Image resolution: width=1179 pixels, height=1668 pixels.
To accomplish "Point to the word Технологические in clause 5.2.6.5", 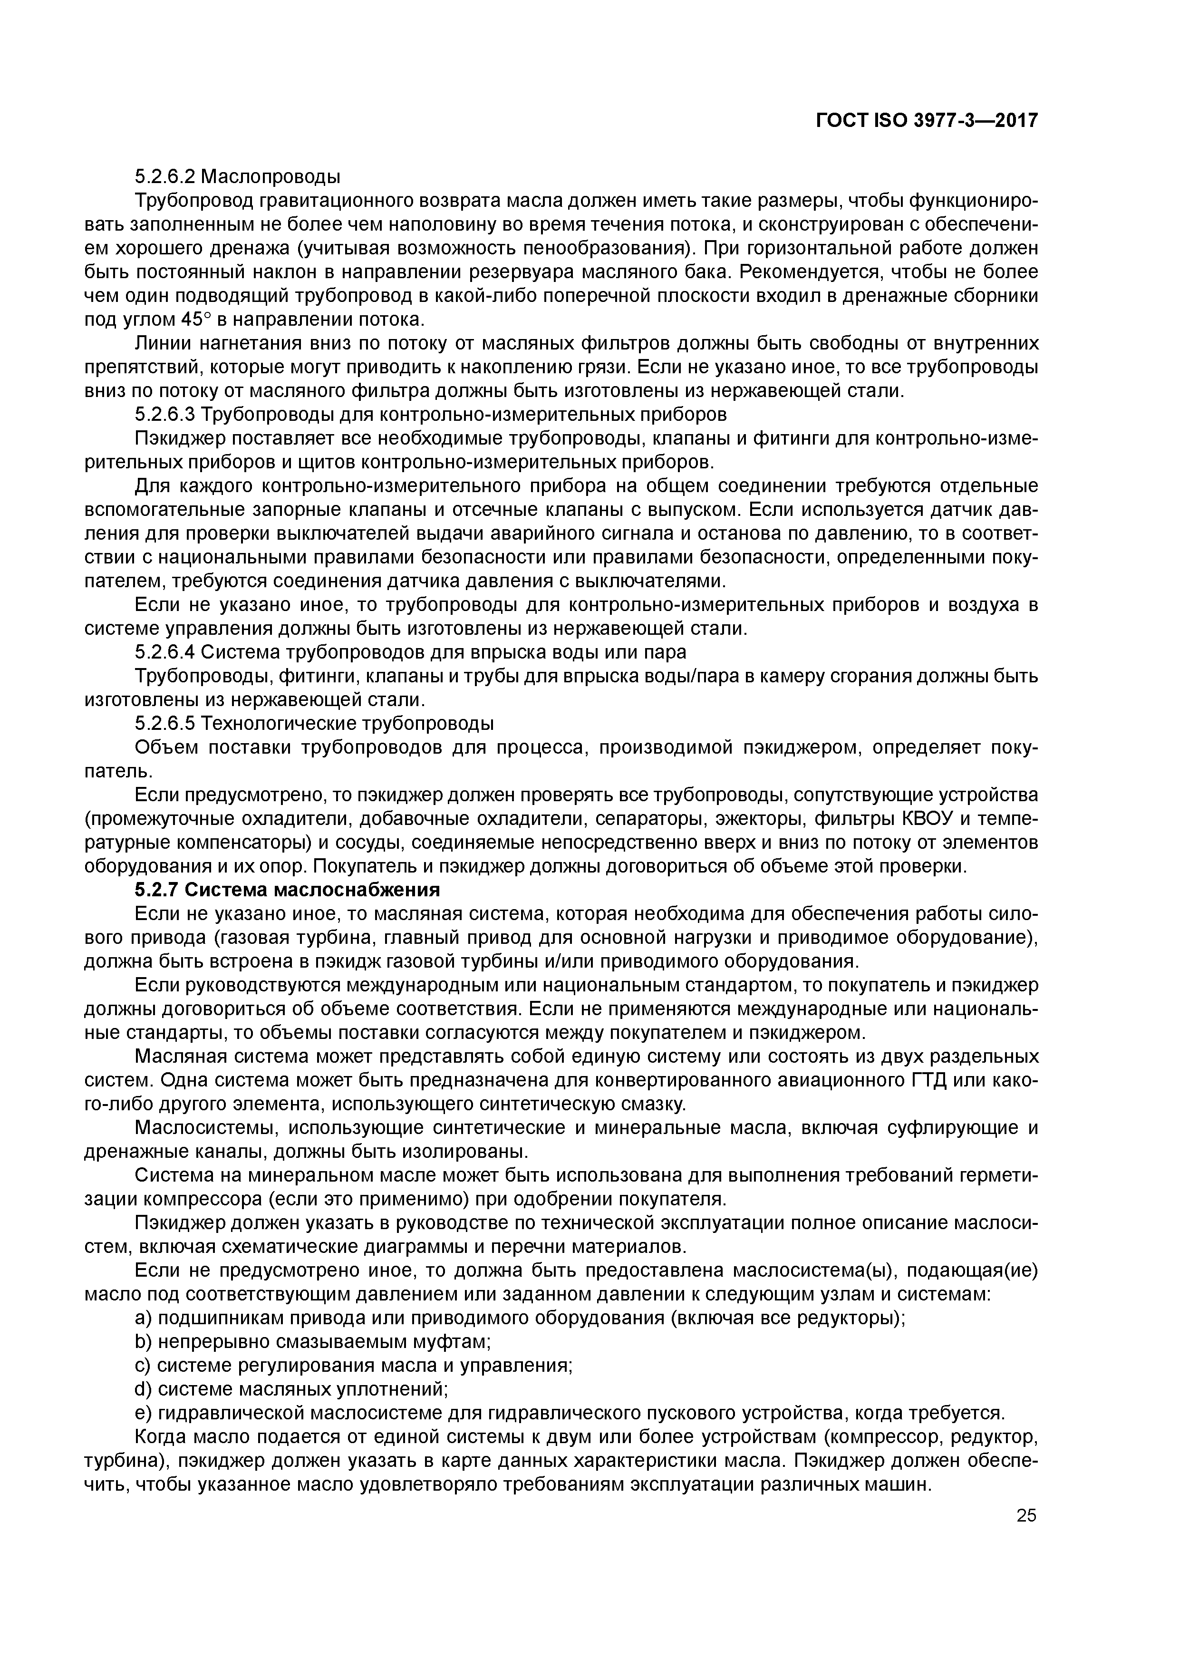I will click(280, 724).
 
